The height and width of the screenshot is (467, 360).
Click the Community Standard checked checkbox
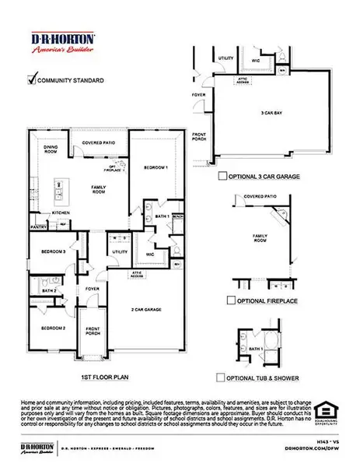(32, 78)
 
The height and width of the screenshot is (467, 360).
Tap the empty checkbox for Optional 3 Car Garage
(222, 177)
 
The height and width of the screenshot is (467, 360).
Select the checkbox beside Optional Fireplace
(230, 299)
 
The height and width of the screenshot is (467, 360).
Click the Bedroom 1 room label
(156, 167)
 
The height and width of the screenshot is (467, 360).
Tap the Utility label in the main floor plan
(120, 252)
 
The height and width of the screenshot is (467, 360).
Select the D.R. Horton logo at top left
(61, 43)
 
